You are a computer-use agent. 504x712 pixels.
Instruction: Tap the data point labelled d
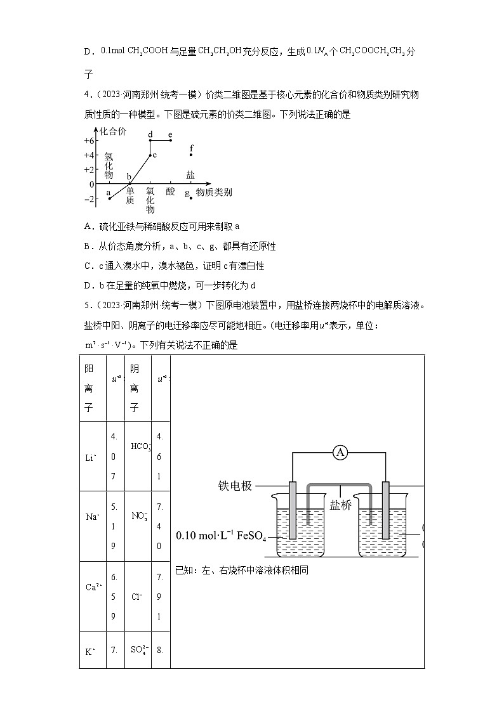150,140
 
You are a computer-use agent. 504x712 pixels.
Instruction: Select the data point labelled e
170,140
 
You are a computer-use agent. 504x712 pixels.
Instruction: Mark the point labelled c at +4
150,155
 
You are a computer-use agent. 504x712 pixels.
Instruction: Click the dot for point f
191,155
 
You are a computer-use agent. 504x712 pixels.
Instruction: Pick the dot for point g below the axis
191,198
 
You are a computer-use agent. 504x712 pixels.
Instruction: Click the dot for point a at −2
110,198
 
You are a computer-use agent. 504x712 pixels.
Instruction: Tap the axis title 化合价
113,131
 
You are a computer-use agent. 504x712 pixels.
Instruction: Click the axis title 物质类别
213,192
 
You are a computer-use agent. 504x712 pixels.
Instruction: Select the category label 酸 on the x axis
170,191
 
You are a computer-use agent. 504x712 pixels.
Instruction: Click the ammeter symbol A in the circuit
341,452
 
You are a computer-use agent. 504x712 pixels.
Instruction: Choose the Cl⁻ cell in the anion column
136,596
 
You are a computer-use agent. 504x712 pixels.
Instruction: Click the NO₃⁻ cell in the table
139,515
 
